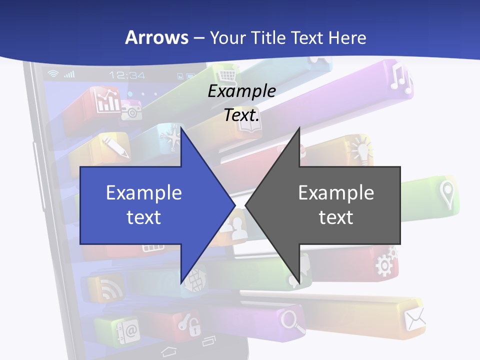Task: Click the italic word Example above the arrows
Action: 241,91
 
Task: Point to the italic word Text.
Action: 241,115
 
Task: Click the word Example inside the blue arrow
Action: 144,193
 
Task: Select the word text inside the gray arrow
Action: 336,217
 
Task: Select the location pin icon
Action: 446,194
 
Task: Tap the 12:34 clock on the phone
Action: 127,75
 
